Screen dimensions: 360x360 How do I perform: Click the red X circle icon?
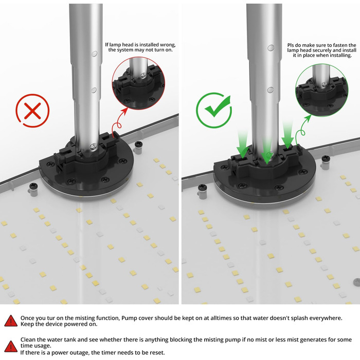click(x=32, y=111)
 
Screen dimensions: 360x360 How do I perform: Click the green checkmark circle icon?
click(x=213, y=110)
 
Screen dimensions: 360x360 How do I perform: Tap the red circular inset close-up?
click(x=138, y=83)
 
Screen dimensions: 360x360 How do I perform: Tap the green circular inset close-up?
click(x=321, y=90)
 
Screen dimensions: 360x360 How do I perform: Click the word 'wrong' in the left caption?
click(x=168, y=45)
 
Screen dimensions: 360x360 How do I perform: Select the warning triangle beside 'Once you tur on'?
click(x=11, y=321)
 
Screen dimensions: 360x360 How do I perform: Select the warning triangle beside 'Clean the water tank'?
click(x=11, y=347)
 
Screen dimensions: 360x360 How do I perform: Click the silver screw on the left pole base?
click(x=94, y=146)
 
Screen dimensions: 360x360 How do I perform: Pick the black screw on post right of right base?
click(x=326, y=158)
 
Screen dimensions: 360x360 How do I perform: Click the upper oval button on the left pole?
click(x=94, y=53)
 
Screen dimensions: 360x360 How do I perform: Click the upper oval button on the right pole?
click(x=271, y=48)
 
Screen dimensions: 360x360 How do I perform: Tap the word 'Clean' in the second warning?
click(x=28, y=339)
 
